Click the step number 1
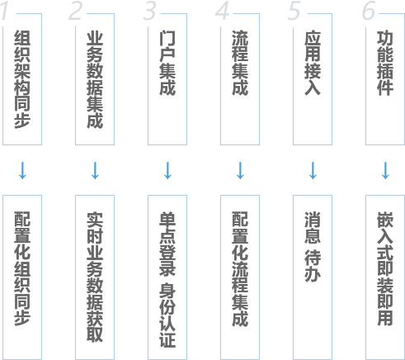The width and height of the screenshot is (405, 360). point(4,12)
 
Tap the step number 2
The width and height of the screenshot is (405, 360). point(75,11)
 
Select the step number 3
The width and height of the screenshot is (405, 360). point(150,11)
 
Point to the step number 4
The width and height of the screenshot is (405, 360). point(223,12)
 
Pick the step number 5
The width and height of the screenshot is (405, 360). point(294,11)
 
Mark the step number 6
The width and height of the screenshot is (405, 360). point(369,11)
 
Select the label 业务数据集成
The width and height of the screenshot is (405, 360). point(95,80)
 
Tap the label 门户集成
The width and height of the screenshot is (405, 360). point(167,64)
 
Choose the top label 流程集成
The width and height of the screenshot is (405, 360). point(240,64)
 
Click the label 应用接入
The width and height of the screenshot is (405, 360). point(313,64)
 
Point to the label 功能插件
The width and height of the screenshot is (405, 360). point(385,64)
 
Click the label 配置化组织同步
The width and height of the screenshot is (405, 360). point(22,268)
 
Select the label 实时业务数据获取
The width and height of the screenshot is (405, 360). point(95,277)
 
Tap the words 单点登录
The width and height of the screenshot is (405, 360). point(167,244)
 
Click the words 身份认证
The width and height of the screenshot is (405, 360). point(167,315)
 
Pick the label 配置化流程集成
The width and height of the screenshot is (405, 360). point(240,269)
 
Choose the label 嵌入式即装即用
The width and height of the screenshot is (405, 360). point(385,268)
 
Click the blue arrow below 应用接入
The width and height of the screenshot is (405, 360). point(313,171)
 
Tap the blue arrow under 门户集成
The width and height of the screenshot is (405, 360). point(167,171)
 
